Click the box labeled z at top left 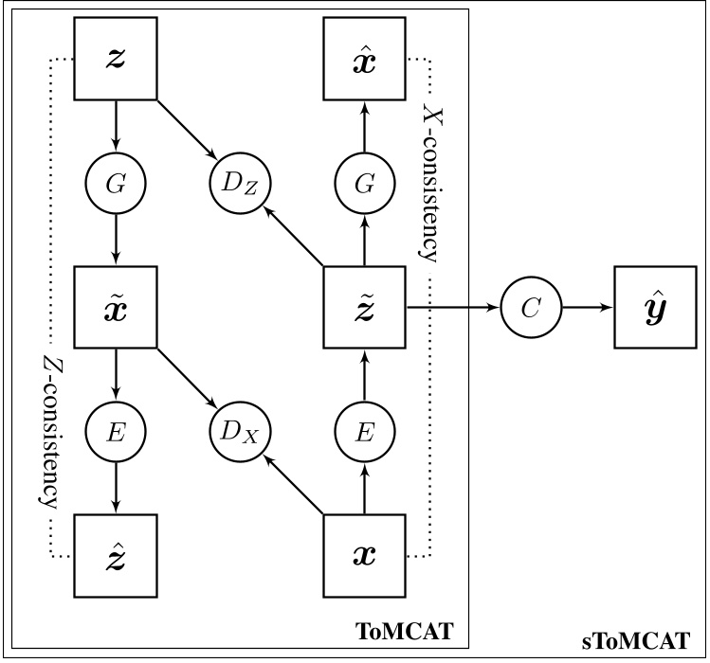[x=116, y=58]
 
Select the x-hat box [x=364, y=58]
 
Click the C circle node [x=530, y=308]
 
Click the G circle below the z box [x=116, y=184]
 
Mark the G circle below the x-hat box [x=364, y=184]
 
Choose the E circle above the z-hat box [x=116, y=433]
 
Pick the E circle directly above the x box [x=364, y=433]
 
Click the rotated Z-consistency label [x=47, y=430]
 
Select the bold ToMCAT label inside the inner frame [x=403, y=628]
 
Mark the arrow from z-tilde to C [x=450, y=308]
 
